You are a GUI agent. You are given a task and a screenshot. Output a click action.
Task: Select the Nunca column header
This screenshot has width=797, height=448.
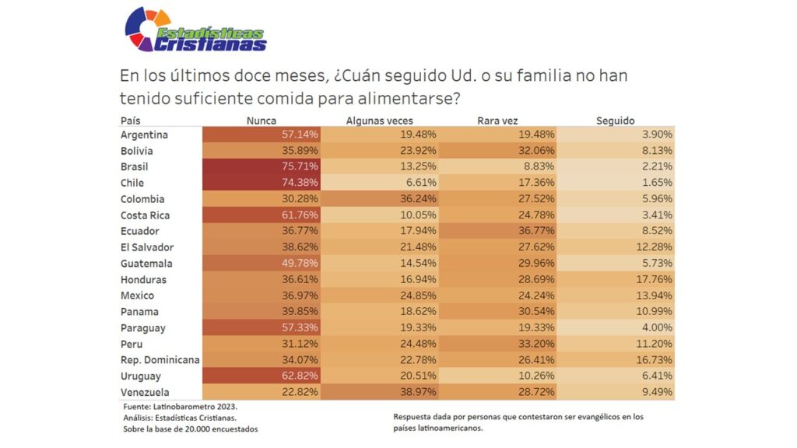(261, 121)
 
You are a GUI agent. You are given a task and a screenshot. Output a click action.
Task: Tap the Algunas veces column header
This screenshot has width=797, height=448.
(379, 121)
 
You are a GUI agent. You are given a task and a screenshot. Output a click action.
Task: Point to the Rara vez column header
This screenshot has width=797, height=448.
(497, 121)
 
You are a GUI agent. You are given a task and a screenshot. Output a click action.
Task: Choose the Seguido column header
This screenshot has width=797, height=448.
(615, 121)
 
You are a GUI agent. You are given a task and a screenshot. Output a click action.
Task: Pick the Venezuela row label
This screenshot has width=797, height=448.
(145, 392)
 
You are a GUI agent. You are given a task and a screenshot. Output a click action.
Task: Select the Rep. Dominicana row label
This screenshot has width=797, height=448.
(160, 360)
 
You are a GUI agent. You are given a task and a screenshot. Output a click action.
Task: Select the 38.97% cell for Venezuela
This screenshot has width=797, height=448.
(416, 392)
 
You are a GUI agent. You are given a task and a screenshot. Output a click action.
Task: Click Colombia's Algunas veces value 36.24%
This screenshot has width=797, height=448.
(416, 199)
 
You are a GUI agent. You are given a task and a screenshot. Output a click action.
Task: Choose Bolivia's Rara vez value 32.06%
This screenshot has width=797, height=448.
(535, 151)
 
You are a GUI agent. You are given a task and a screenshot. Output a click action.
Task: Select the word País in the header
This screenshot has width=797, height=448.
(130, 121)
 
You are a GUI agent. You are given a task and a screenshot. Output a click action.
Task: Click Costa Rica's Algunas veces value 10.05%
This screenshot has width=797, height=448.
(416, 215)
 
